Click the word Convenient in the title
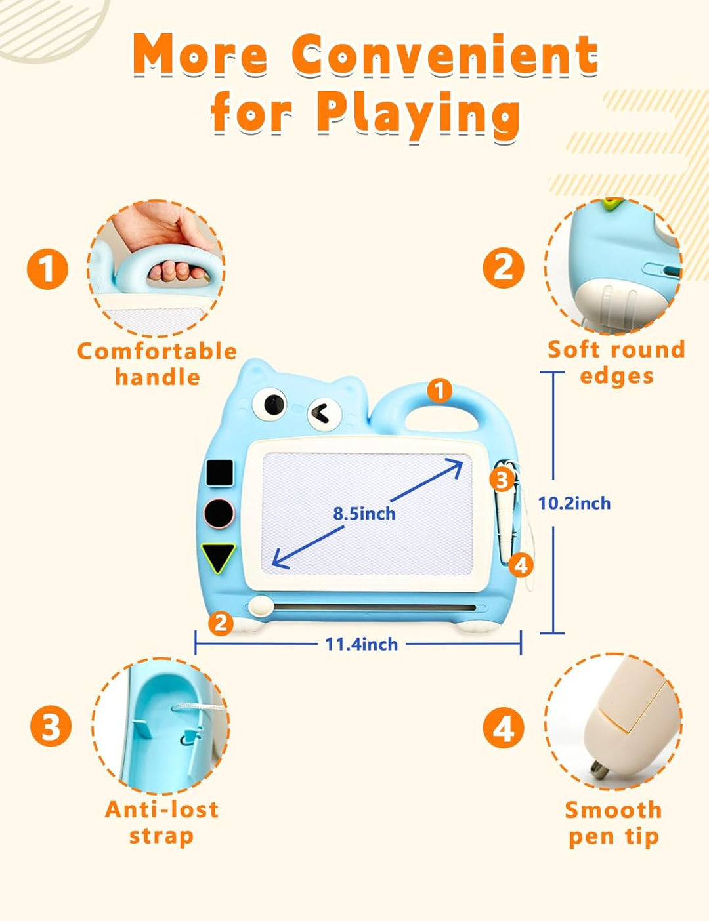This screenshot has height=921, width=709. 445,55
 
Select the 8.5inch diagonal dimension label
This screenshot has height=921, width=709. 364,514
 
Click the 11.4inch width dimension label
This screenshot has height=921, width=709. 362,644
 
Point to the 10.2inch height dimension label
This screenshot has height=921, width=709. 574,503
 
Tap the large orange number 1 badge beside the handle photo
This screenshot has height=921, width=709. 47,269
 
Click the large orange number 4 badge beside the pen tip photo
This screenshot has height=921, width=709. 504,727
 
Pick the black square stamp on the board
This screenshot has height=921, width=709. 220,472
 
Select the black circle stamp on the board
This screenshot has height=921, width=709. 219,513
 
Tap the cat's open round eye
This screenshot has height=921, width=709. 270,404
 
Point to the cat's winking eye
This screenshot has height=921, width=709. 324,414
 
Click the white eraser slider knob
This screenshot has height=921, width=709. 261,606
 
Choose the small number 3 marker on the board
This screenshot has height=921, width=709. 502,480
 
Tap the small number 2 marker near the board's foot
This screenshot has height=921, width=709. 221,623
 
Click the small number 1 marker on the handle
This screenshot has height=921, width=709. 440,390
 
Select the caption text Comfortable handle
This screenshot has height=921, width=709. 158,364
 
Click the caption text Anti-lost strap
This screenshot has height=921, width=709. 161,823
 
